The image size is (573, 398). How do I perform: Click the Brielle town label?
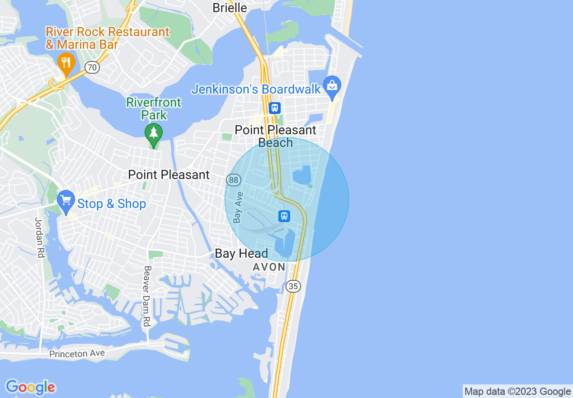point(230,8)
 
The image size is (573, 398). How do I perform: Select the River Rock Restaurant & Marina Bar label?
point(107,38)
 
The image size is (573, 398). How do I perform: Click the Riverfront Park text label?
point(154,109)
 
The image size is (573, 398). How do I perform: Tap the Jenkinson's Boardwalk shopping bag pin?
point(332,87)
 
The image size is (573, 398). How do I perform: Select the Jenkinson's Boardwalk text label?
point(256,89)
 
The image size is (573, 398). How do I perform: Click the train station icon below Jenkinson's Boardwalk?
point(274,108)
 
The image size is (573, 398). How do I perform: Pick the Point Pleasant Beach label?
point(276,136)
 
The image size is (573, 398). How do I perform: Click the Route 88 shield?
point(233,180)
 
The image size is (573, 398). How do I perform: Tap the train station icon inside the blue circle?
point(284,216)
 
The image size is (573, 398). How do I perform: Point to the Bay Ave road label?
point(238,207)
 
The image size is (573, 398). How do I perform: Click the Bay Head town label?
point(241,253)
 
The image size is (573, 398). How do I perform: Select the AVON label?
point(269,267)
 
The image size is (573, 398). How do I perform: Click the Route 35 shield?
point(293,286)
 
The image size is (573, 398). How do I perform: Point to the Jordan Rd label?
point(39,237)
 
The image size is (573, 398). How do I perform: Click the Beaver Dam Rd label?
point(146,296)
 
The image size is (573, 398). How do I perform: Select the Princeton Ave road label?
point(77,353)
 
